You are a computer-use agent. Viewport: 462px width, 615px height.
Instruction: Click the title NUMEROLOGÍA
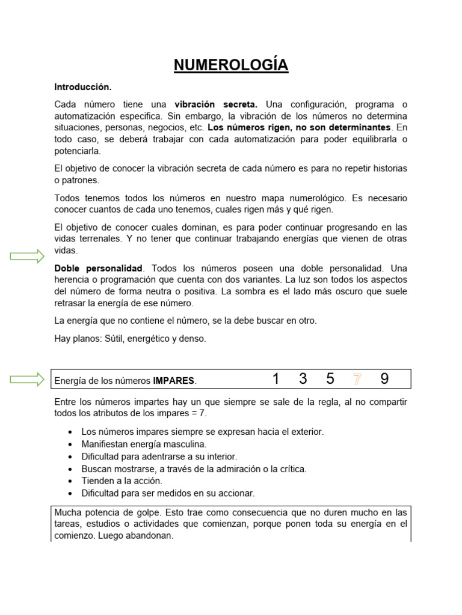coord(231,65)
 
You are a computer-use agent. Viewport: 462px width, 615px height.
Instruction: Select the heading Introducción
coord(82,87)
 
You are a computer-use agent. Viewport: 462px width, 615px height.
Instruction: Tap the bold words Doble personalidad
coord(98,268)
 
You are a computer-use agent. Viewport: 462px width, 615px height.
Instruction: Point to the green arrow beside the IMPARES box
coord(28,379)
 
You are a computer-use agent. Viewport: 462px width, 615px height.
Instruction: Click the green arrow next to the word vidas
coord(28,256)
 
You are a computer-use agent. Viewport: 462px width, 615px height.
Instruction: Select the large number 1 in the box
coord(276,379)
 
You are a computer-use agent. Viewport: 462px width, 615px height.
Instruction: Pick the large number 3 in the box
coord(303,379)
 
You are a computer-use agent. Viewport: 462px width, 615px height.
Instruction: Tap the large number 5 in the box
coord(330,379)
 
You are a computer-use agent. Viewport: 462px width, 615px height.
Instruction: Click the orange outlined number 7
coord(357,379)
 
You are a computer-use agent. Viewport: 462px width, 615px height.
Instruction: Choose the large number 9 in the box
coord(384,379)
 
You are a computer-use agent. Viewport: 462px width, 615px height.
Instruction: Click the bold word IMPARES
coord(174,381)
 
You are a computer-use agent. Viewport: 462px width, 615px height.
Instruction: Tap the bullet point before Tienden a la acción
coord(72,481)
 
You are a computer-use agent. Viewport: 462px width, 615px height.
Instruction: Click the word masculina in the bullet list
coord(185,444)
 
